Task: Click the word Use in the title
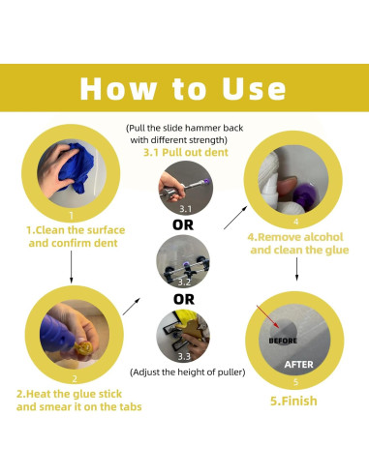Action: coord(254,88)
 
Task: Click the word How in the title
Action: coord(118,88)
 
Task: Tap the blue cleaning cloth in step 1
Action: coord(77,167)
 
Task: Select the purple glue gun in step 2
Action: coord(55,335)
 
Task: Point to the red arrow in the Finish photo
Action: coord(268,316)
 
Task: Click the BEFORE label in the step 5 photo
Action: coord(283,341)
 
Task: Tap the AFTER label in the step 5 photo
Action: coord(298,365)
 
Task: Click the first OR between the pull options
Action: coord(183,225)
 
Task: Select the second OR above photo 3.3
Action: coord(184,299)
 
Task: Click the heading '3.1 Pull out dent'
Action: coord(186,152)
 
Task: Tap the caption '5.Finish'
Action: coord(293,401)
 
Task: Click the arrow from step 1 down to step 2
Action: coord(71,267)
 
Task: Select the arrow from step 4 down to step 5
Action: coord(296,269)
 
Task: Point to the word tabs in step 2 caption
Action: coord(131,406)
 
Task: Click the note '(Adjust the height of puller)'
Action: coord(188,372)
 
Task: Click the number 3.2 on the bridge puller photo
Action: coord(184,283)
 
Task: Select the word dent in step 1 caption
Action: coord(106,243)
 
